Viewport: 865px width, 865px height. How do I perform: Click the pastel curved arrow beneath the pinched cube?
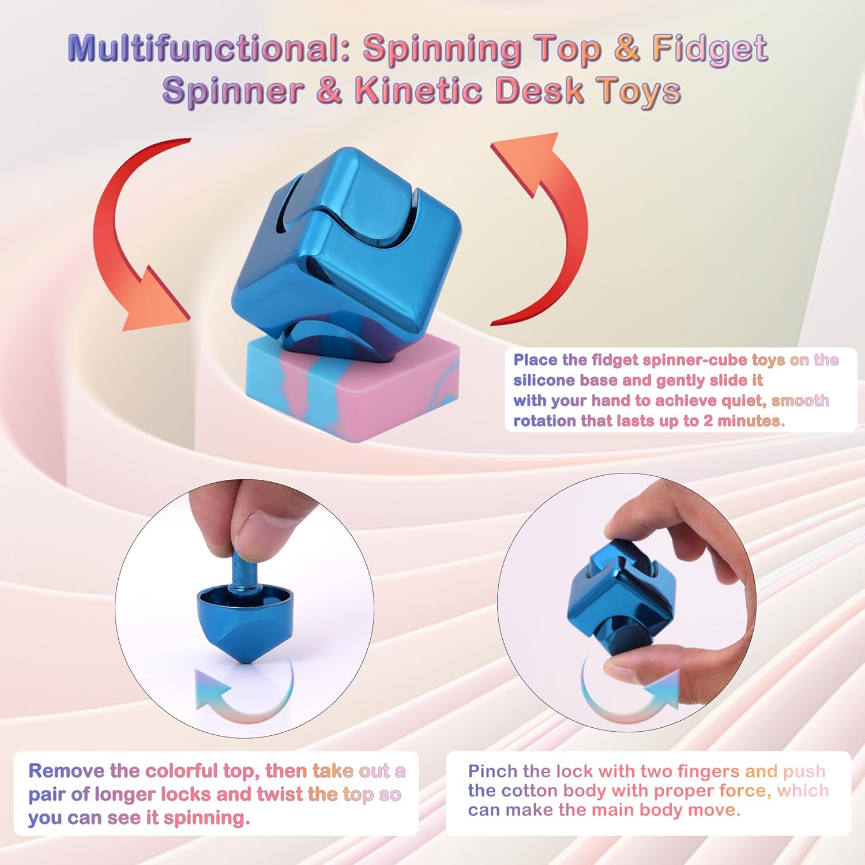[629, 698]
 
